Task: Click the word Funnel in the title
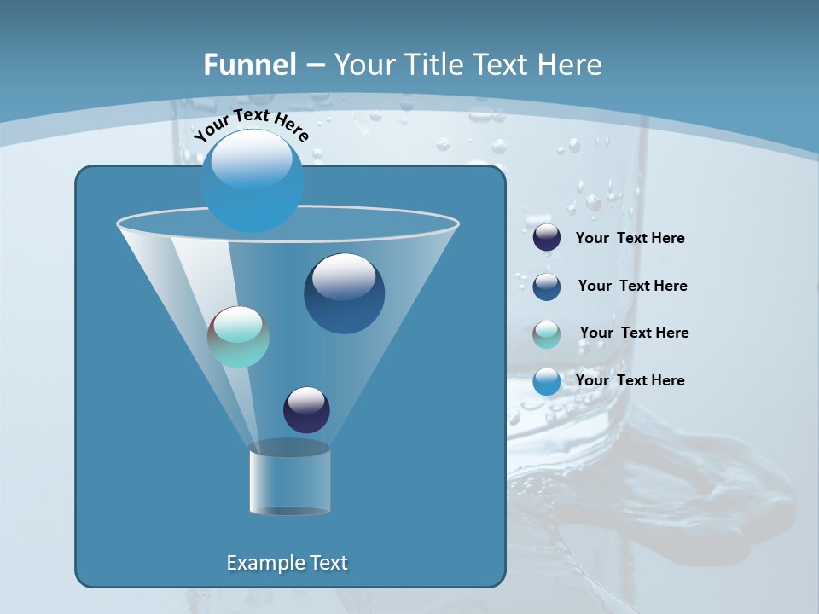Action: [249, 65]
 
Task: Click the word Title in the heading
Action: [430, 65]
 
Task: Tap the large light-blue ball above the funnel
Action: [253, 180]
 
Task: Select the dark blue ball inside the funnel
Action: [344, 293]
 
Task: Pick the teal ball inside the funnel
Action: [239, 337]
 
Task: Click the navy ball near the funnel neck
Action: [306, 409]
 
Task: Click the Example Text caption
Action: [287, 563]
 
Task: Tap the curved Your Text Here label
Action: [251, 125]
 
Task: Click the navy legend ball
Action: [547, 237]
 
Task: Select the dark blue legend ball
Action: [547, 286]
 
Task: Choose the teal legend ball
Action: [547, 333]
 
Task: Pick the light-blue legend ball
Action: [547, 381]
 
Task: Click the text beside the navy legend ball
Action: [630, 238]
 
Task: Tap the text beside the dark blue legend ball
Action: [632, 286]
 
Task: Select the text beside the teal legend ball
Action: [634, 333]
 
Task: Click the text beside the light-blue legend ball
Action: [630, 380]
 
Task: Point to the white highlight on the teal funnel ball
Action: [238, 324]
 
